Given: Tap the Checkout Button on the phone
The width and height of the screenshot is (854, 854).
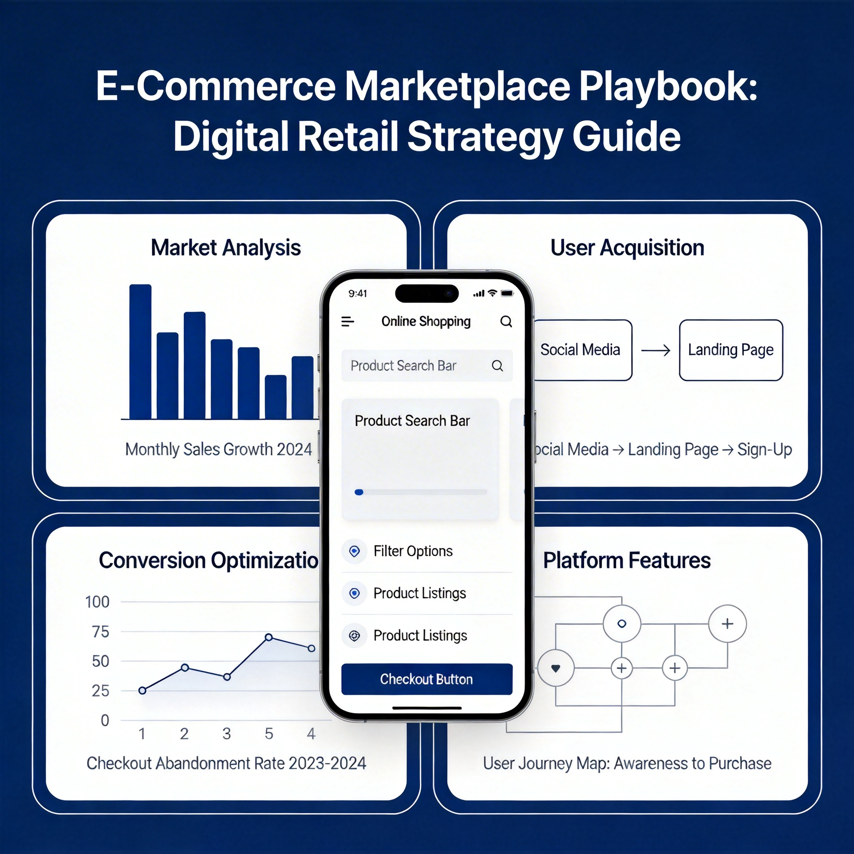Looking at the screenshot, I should point(427,679).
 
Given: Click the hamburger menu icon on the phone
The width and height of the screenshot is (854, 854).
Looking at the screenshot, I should point(348,322).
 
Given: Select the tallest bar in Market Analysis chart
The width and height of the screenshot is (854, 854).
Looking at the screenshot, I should point(141,352).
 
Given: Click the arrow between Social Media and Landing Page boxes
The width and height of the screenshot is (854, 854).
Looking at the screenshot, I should point(656,351).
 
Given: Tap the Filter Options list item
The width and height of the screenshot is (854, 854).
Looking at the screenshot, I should point(413,551).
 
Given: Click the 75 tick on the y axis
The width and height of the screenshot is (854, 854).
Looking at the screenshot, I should point(100,632).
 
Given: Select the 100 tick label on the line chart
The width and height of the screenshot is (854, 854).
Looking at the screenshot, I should point(97,602).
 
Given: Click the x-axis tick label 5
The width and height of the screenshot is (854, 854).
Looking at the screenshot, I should point(269,734).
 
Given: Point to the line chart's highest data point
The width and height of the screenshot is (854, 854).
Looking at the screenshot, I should point(269,638).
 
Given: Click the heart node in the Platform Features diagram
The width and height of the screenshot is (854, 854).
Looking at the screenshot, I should point(555,668).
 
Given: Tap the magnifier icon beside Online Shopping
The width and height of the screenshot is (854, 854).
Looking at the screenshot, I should point(506,322).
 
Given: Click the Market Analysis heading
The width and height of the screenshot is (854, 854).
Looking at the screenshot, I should point(226,248).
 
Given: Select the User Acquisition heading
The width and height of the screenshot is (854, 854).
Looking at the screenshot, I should point(627,248).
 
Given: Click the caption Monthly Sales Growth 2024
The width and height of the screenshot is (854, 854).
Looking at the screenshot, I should point(219,449).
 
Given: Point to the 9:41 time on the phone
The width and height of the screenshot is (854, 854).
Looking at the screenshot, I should point(358,294).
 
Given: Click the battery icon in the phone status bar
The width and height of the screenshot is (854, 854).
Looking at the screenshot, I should point(507,294).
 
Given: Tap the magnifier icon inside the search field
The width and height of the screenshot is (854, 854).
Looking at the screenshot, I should point(497,366).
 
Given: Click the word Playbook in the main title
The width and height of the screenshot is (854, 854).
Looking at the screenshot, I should point(668,86).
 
